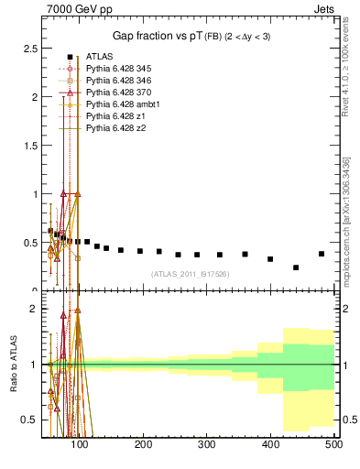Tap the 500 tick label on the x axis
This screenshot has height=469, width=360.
pos(333,445)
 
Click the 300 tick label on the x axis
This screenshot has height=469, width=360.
pos(207,445)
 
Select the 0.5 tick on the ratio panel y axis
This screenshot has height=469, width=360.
pos(30,420)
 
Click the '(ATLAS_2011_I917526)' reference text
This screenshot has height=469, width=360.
pos(189,274)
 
